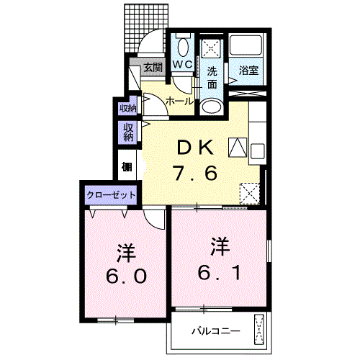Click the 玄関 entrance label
(x=152, y=68)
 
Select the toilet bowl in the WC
(x=182, y=48)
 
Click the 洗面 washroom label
(x=212, y=77)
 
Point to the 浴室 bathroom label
(x=250, y=71)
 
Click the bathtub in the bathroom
(x=249, y=48)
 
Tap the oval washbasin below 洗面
(x=212, y=107)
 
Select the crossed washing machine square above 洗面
(x=210, y=49)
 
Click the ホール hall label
(x=179, y=102)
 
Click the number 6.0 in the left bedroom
(x=128, y=276)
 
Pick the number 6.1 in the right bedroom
(x=219, y=271)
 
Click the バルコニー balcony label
(x=215, y=332)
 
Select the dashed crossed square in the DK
(x=249, y=192)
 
